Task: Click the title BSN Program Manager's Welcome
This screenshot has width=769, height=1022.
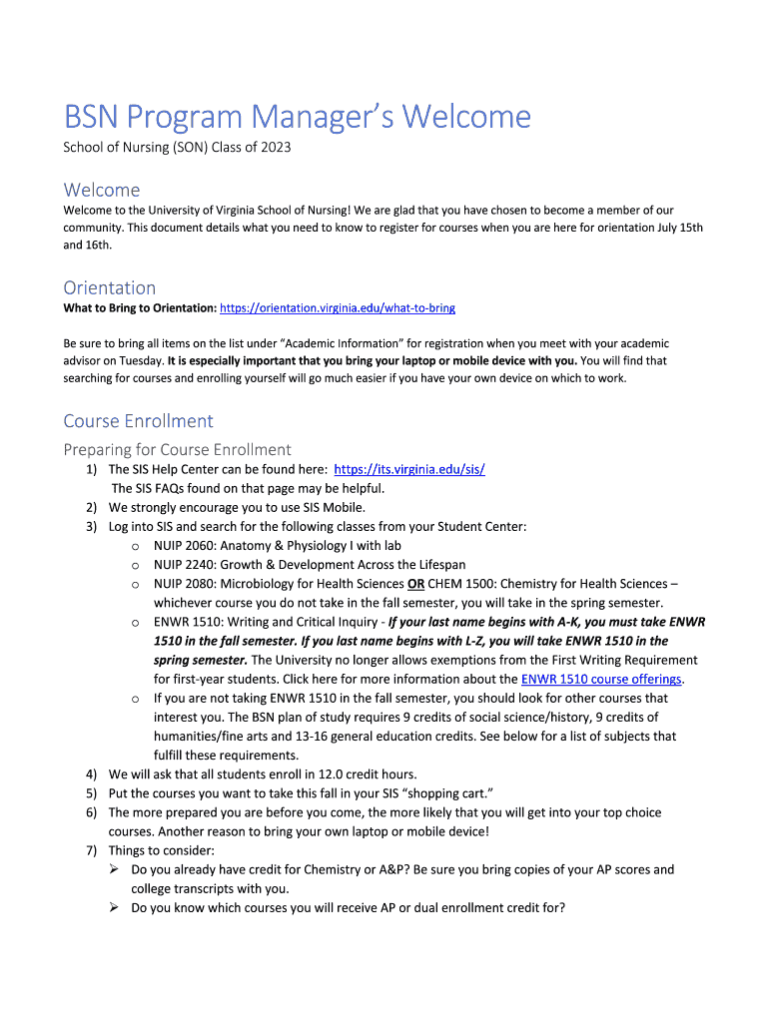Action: pyautogui.click(x=297, y=118)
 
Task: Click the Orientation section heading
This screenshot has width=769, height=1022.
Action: pyautogui.click(x=110, y=287)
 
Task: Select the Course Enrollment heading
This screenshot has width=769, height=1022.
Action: pyautogui.click(x=138, y=420)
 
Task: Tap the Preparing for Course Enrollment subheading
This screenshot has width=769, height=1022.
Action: pyautogui.click(x=177, y=449)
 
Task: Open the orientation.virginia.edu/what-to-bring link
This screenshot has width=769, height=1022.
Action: pyautogui.click(x=338, y=308)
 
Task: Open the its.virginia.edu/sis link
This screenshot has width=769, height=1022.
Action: pyautogui.click(x=409, y=469)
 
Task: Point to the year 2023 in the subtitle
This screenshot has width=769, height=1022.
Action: pyautogui.click(x=275, y=148)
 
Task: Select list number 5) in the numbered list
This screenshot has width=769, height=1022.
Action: pyautogui.click(x=91, y=793)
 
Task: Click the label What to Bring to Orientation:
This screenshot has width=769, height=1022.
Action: pyautogui.click(x=140, y=308)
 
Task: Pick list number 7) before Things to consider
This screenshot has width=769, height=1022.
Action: pyautogui.click(x=91, y=850)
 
